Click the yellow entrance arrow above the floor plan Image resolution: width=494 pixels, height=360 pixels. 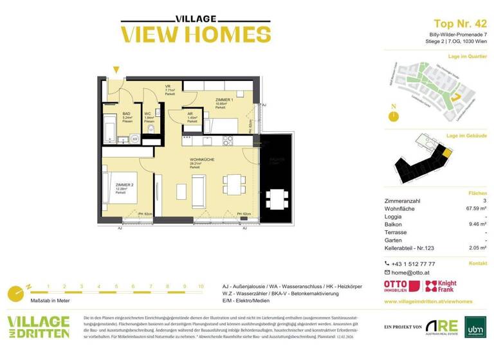[116, 69]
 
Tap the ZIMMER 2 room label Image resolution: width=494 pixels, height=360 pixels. [125, 185]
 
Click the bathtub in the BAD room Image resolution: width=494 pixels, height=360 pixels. [111, 128]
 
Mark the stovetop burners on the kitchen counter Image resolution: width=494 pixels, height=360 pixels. [228, 140]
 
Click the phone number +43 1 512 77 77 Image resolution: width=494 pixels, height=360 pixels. [414, 264]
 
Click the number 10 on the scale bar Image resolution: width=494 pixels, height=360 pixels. [201, 286]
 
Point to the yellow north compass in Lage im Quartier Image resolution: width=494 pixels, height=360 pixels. [393, 116]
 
